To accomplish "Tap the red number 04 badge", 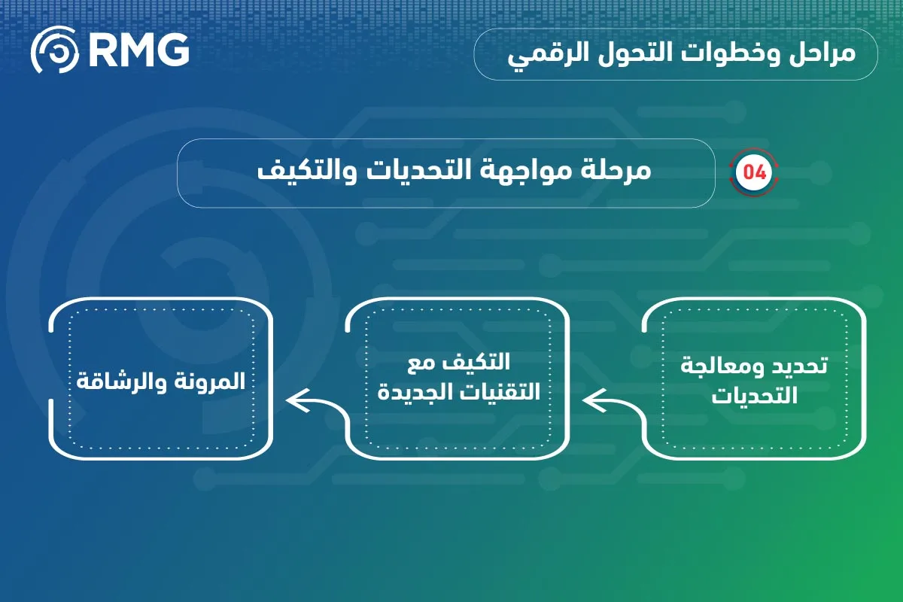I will [x=754, y=172].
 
